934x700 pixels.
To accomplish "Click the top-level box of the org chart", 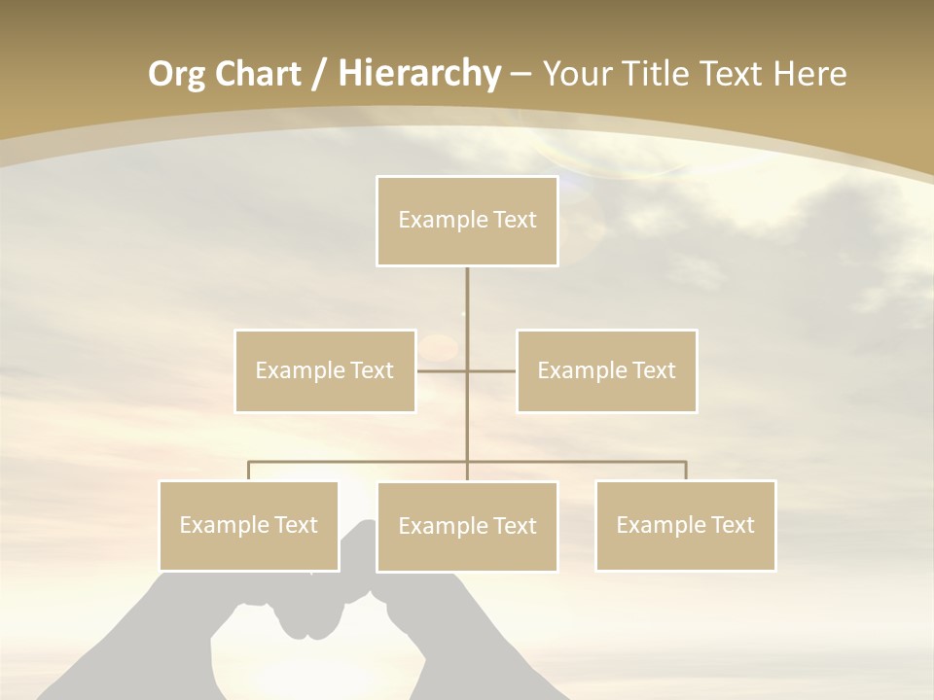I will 467,221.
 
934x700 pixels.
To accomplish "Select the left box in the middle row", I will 325,370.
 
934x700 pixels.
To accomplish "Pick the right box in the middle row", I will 607,370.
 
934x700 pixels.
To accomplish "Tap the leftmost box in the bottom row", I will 249,525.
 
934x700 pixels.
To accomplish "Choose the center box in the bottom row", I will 467,526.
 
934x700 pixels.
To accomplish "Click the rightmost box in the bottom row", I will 686,525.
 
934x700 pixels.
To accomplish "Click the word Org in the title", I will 176,74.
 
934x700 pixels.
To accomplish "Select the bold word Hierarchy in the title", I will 418,74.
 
